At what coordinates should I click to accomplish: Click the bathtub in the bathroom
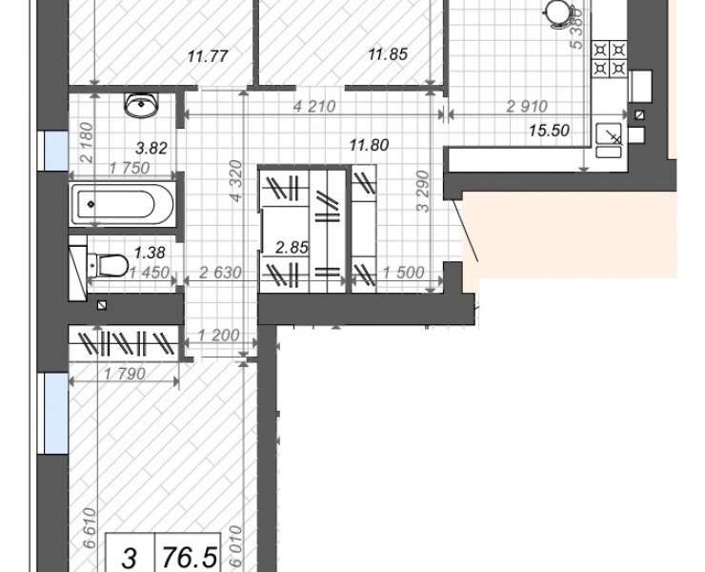click(x=122, y=204)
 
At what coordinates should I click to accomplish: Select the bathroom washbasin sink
click(x=142, y=105)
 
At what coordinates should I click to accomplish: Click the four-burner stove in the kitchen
click(x=610, y=58)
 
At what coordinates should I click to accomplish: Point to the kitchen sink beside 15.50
click(x=609, y=140)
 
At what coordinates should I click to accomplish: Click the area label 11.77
click(x=208, y=56)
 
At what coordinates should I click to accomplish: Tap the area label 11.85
click(x=388, y=54)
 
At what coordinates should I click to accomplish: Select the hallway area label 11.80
click(x=369, y=145)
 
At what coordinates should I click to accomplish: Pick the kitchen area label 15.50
click(x=549, y=131)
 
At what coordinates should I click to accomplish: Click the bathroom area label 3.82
click(x=151, y=148)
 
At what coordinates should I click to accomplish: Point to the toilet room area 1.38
click(x=150, y=253)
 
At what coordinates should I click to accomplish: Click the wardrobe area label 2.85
click(x=292, y=248)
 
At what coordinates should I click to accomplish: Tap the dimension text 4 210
click(x=314, y=107)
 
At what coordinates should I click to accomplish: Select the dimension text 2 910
click(x=527, y=107)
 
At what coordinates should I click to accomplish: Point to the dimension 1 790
click(x=125, y=374)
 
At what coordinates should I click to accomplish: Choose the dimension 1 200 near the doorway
click(x=218, y=335)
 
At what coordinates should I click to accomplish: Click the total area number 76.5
click(x=190, y=558)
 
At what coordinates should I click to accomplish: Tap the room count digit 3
click(x=129, y=558)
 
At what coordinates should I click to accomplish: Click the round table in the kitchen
click(x=558, y=12)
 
